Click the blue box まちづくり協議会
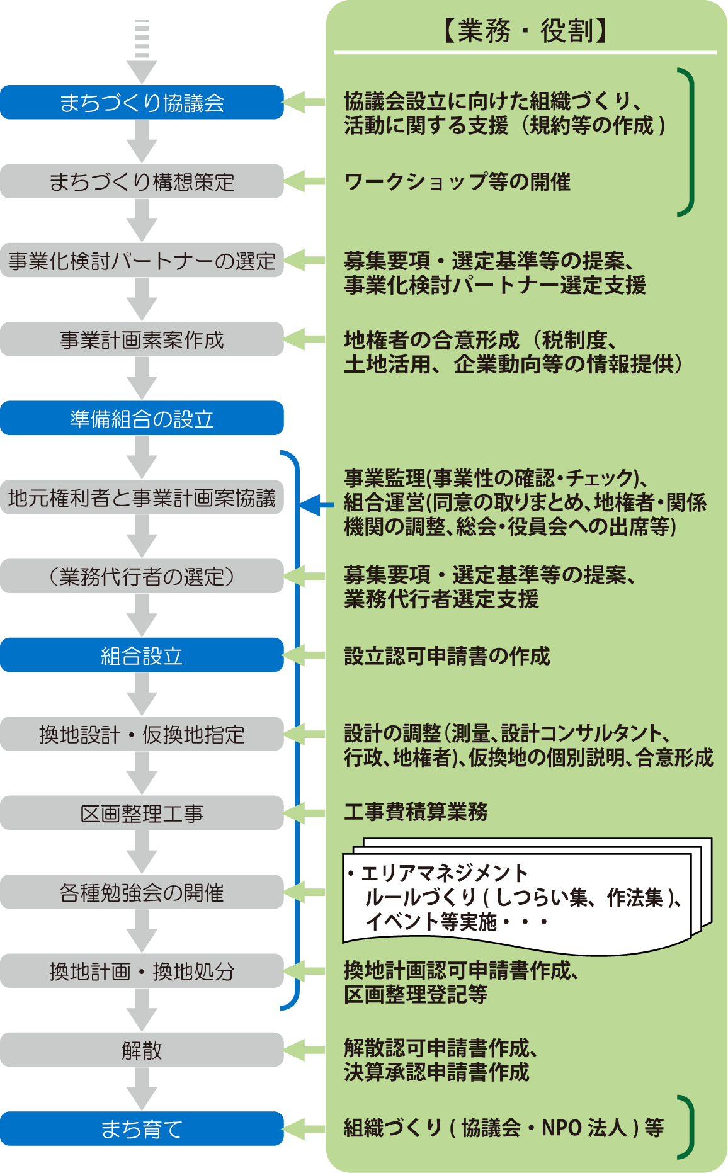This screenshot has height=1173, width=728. (142, 103)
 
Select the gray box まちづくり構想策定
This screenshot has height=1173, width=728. (142, 181)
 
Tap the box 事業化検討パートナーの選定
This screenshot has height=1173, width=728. (142, 260)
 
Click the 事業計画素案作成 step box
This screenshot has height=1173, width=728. (142, 339)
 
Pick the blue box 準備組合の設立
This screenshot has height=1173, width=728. (142, 418)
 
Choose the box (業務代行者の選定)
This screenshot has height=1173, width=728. (142, 576)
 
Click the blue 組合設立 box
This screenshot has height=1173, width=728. (142, 655)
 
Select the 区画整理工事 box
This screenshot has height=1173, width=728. (142, 813)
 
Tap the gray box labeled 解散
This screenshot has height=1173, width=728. (142, 1050)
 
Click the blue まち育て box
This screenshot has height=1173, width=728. (142, 1128)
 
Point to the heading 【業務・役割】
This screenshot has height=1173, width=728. (525, 30)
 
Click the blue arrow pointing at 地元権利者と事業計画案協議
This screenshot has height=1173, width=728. (315, 504)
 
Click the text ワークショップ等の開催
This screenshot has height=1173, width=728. (457, 182)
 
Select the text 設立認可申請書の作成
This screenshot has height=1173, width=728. (446, 655)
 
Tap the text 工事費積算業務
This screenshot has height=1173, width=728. (416, 812)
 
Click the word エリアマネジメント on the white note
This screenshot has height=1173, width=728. (445, 873)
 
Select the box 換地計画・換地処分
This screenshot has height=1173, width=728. (142, 971)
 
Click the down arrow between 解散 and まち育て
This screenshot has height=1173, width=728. (142, 1089)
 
